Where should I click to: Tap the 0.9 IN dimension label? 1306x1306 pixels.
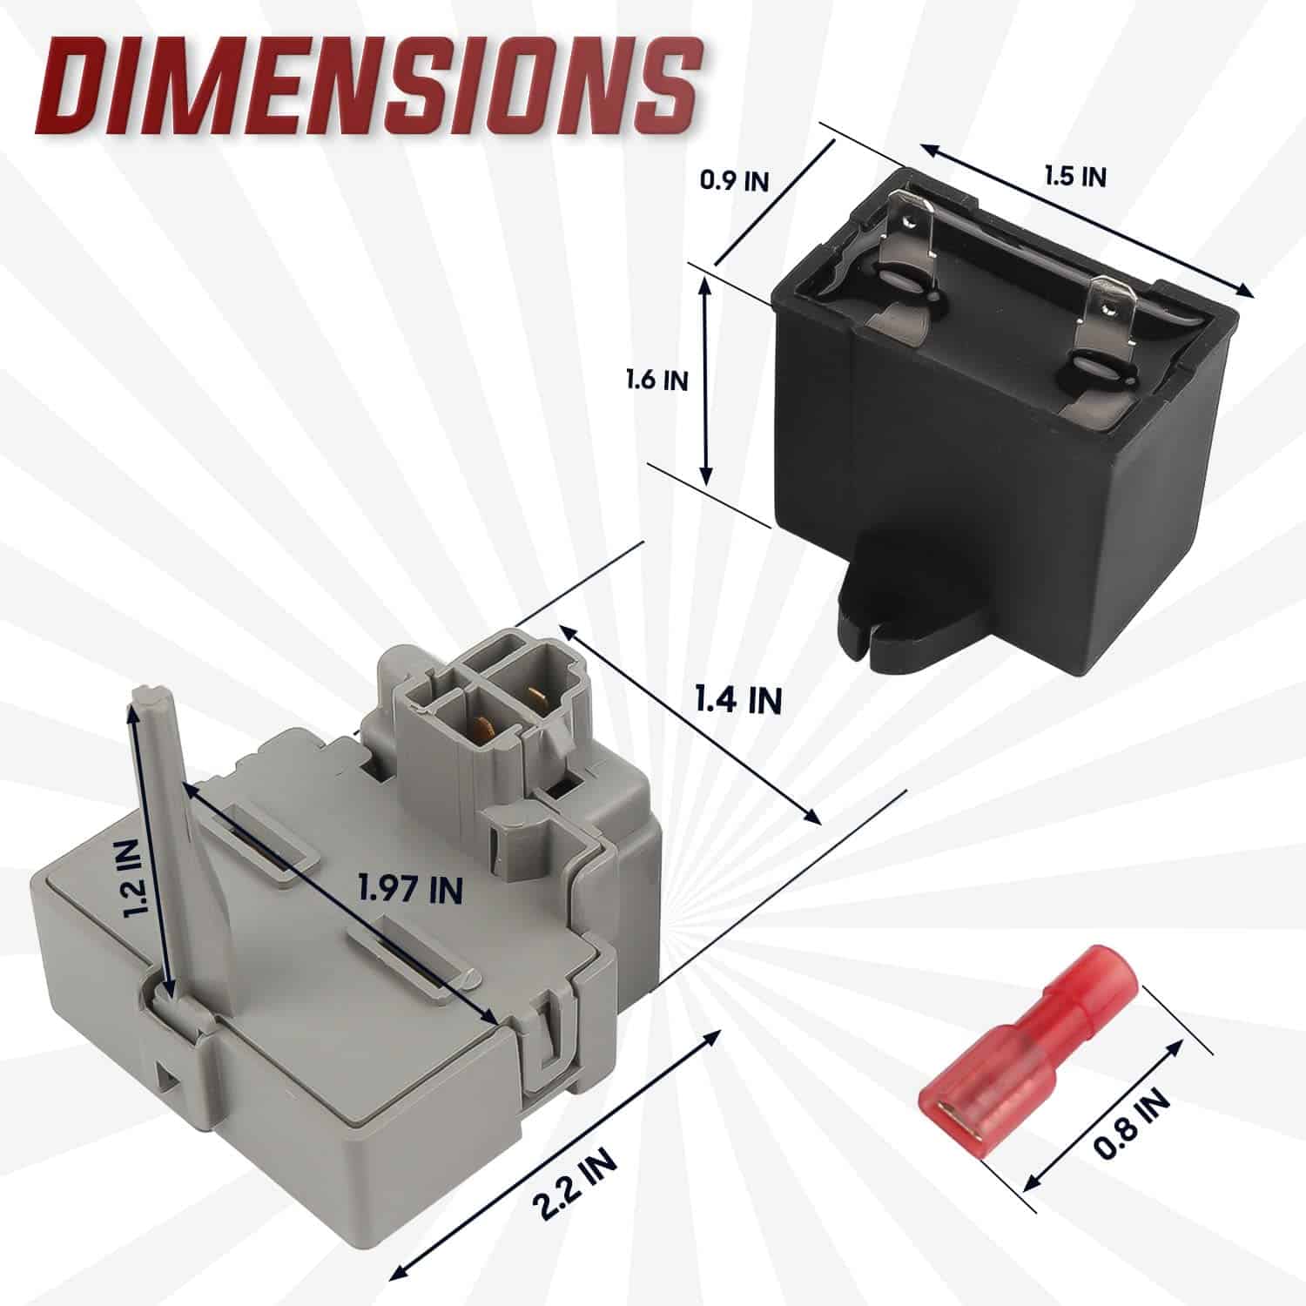[735, 181]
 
